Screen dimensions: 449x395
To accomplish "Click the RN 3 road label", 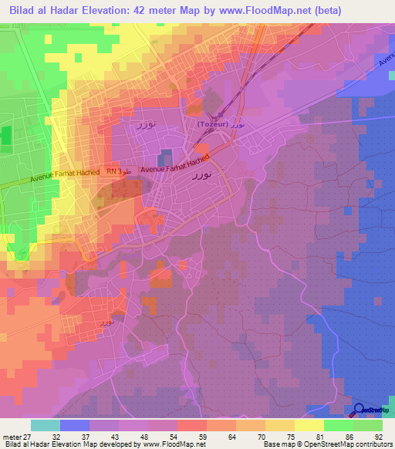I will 115,171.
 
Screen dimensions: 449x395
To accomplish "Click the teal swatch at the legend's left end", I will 45,425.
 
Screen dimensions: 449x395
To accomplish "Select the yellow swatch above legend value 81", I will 309,425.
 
